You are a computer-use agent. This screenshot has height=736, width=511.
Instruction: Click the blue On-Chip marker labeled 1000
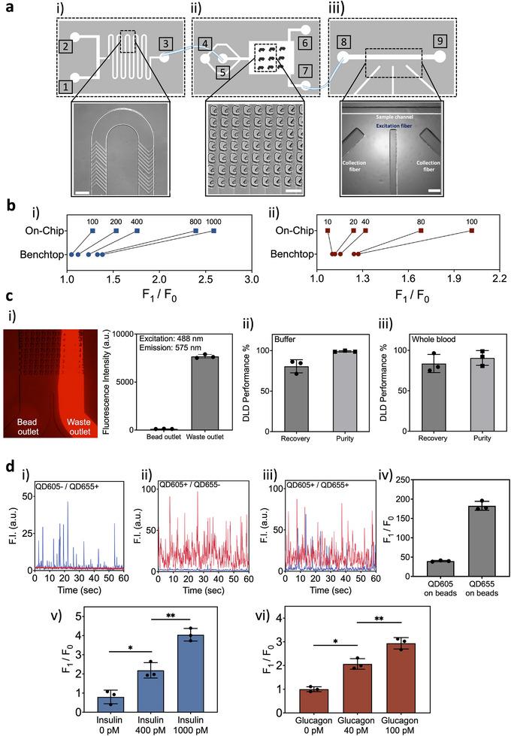point(214,231)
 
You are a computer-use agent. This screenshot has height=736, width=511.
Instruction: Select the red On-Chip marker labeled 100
point(471,231)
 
